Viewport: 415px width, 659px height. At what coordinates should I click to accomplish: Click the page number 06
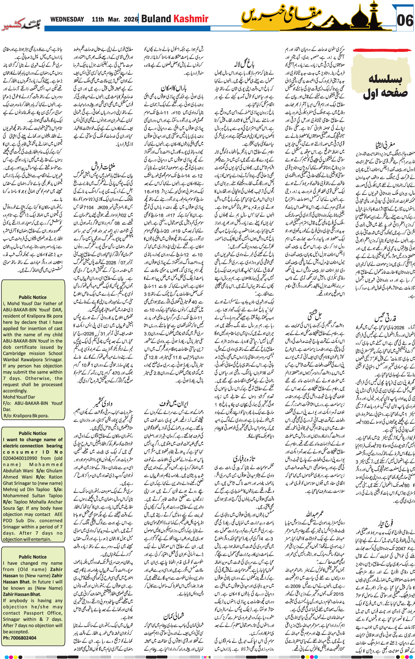pyautogui.click(x=405, y=21)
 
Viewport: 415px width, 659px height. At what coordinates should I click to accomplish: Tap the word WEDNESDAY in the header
pyautogui.click(x=67, y=19)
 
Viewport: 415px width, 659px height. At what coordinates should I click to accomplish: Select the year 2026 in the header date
pyautogui.click(x=131, y=19)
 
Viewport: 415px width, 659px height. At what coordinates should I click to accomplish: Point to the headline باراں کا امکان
pyautogui.click(x=173, y=88)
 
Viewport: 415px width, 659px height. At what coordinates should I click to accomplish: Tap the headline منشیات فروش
pyautogui.click(x=103, y=166)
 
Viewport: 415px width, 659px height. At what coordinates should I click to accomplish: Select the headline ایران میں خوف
pyautogui.click(x=174, y=403)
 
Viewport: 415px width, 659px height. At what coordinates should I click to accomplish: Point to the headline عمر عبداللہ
pyautogui.click(x=314, y=513)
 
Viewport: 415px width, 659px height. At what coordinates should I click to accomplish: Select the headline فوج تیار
pyautogui.click(x=385, y=522)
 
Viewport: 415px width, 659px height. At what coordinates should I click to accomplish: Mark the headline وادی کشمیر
pyautogui.click(x=103, y=401)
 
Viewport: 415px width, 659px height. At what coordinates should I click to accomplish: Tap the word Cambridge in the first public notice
pyautogui.click(x=17, y=353)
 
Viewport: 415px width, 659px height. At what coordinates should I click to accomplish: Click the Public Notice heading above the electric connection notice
pyautogui.click(x=33, y=433)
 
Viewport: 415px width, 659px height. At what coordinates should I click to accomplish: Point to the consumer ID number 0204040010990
pyautogui.click(x=20, y=458)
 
